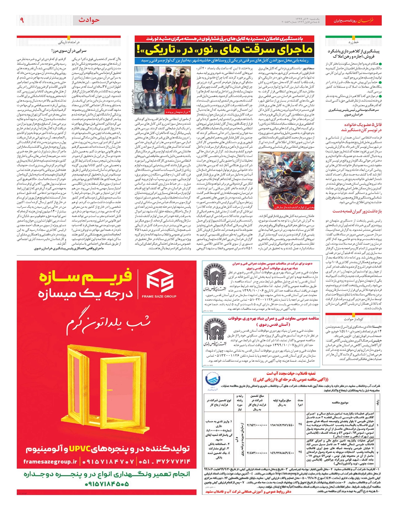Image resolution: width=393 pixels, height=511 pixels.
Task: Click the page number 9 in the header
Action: pos(22,20)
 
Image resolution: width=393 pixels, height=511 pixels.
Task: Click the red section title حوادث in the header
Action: pos(89,20)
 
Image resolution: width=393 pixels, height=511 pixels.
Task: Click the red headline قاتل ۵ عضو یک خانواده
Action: pos(358,127)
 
